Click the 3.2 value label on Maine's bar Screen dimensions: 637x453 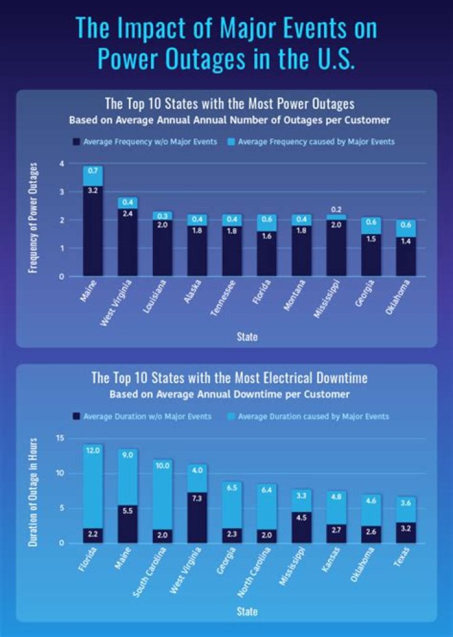point(93,190)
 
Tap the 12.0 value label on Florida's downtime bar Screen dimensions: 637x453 point(93,450)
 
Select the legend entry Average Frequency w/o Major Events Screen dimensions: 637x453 point(145,142)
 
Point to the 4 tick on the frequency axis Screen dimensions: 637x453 point(62,163)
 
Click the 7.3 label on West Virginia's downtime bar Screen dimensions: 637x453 point(198,497)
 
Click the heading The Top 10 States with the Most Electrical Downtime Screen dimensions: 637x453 point(230,378)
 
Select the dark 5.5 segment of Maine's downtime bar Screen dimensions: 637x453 point(128,524)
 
